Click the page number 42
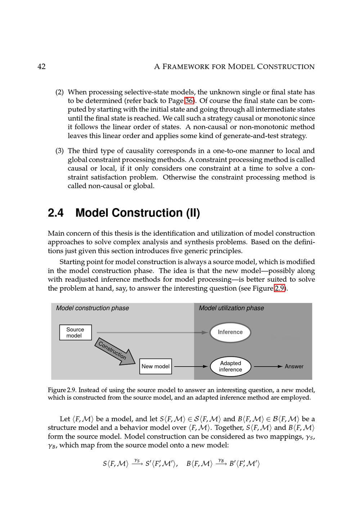(41, 67)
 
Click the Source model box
(75, 332)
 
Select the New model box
(156, 366)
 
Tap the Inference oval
(230, 332)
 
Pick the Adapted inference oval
(230, 366)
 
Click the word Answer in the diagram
(294, 366)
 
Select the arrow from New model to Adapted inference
(190, 366)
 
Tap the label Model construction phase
(92, 308)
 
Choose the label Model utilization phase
(231, 308)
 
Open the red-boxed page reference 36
(189, 101)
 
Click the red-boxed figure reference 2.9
(280, 288)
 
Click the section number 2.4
(56, 213)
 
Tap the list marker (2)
(59, 92)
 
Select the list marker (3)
(59, 151)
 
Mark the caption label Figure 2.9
(62, 390)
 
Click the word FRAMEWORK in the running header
(193, 67)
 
